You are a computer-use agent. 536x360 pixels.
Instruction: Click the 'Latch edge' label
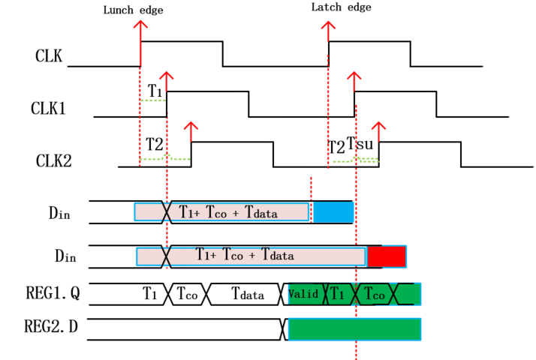coord(341,7)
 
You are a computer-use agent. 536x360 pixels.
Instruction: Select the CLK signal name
coord(48,55)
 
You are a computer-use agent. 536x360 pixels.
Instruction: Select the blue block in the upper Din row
coord(333,212)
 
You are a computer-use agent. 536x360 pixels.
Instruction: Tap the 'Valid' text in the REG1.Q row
coord(303,294)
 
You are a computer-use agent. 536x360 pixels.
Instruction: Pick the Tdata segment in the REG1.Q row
coord(247,295)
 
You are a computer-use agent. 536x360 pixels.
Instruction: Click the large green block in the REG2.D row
coord(354,328)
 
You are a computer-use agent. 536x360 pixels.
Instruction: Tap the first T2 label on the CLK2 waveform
coord(154,143)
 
